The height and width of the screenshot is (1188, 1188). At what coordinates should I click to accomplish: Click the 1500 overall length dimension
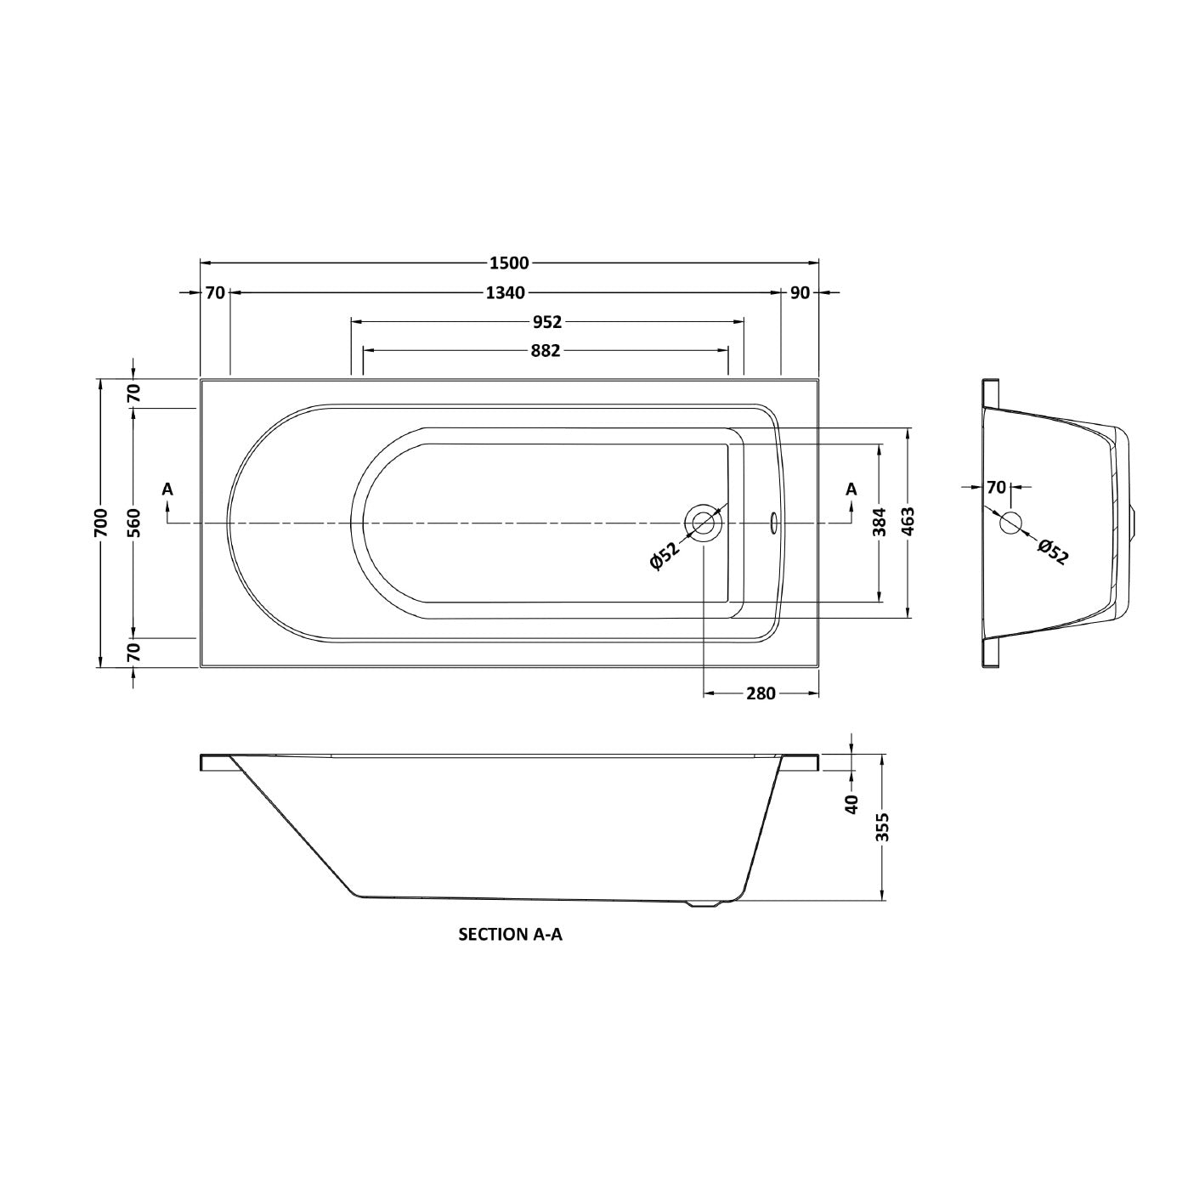click(x=509, y=263)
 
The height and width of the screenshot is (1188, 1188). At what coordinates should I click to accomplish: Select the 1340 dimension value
click(x=506, y=293)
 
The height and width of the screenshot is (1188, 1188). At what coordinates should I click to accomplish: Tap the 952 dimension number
click(x=548, y=322)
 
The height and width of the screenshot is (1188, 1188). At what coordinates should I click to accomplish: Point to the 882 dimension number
click(x=545, y=350)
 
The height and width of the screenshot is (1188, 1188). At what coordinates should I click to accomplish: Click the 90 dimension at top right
click(x=800, y=293)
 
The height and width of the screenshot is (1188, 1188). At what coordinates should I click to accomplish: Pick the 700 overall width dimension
click(x=101, y=522)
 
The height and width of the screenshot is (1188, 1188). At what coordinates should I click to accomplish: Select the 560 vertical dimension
click(x=133, y=522)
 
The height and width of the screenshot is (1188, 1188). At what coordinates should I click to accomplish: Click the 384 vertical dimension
click(x=880, y=522)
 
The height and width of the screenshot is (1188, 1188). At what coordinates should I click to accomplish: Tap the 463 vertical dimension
click(x=908, y=522)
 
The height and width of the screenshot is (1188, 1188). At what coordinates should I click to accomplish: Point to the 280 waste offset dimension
click(x=761, y=693)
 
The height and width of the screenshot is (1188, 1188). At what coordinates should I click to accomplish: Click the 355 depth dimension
click(x=883, y=827)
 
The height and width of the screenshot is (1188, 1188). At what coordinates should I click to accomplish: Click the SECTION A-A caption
click(x=511, y=935)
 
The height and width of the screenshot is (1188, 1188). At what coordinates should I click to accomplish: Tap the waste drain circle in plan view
click(x=704, y=522)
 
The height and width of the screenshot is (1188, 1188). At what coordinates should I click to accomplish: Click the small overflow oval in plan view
click(x=773, y=522)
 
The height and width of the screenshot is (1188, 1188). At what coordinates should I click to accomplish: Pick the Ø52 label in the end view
click(x=1053, y=552)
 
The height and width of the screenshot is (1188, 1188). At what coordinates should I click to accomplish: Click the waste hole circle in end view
click(x=1010, y=523)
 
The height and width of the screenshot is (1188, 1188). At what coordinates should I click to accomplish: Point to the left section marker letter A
click(x=167, y=489)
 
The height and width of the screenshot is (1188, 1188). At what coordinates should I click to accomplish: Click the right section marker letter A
click(x=851, y=489)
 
